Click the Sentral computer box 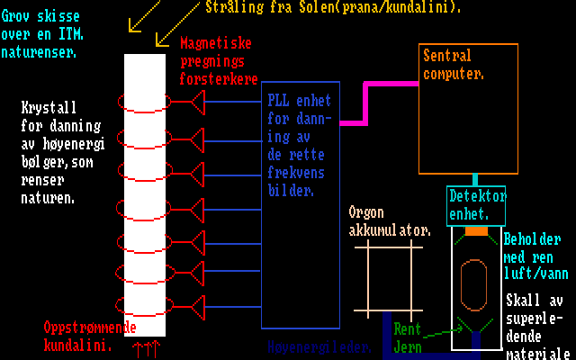pyautogui.click(x=469, y=108)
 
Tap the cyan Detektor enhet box pyautogui.click(x=477, y=206)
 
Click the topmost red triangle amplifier pyautogui.click(x=195, y=105)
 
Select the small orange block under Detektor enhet pyautogui.click(x=476, y=231)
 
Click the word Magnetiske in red pyautogui.click(x=216, y=43)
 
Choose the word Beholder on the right pyautogui.click(x=532, y=240)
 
